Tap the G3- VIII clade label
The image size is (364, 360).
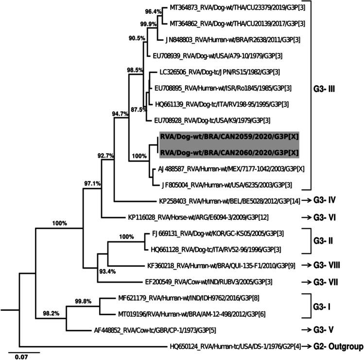coord(332,265)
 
